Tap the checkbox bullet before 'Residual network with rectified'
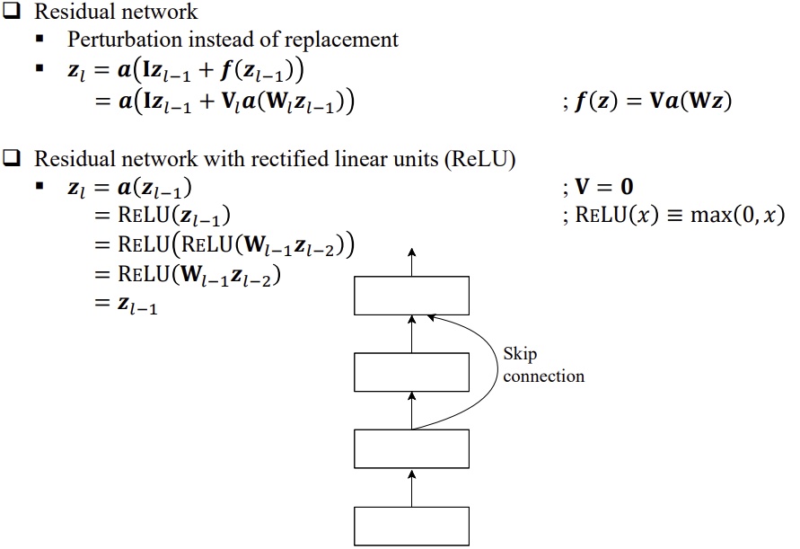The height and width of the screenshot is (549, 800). click(x=12, y=160)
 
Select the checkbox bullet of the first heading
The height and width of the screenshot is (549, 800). click(x=12, y=13)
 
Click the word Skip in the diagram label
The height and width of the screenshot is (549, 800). click(x=520, y=355)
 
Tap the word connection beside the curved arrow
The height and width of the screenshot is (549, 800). click(x=543, y=376)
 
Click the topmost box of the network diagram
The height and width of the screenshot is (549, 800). click(x=412, y=296)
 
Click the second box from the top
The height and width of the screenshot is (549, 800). click(x=412, y=372)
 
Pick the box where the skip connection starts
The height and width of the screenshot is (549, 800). click(x=412, y=449)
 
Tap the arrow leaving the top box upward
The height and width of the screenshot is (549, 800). click(x=412, y=261)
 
